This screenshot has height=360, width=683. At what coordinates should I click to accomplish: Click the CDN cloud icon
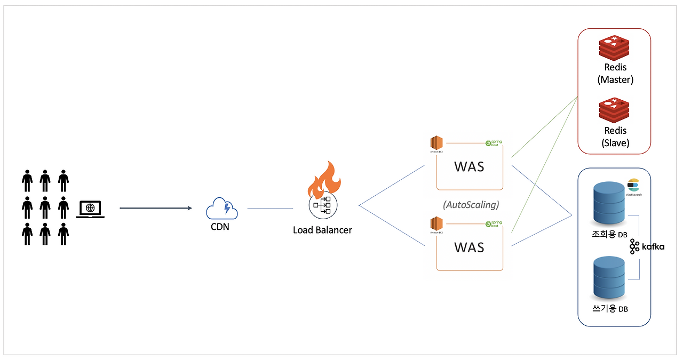[x=221, y=207]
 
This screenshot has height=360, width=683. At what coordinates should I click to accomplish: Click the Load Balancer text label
[x=322, y=230]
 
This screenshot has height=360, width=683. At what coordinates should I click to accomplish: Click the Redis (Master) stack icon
[x=615, y=47]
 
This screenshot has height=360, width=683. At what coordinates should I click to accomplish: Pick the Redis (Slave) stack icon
[x=615, y=110]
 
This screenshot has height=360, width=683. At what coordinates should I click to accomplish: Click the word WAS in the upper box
[x=469, y=166]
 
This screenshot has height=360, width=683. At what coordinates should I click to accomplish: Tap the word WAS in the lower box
[x=469, y=247]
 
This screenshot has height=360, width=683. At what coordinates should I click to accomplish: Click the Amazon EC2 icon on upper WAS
[x=436, y=144]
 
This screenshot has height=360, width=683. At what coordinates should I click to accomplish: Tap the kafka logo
[x=647, y=246]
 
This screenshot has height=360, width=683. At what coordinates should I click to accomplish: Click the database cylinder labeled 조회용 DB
[x=609, y=204]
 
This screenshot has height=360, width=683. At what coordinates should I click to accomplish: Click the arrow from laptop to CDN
[x=155, y=208]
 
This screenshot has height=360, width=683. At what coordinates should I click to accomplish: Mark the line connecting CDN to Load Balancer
[x=270, y=208]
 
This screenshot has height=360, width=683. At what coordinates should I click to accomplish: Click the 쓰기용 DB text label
[x=610, y=308]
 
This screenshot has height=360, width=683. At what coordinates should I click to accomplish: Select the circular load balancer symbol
[x=322, y=205]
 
